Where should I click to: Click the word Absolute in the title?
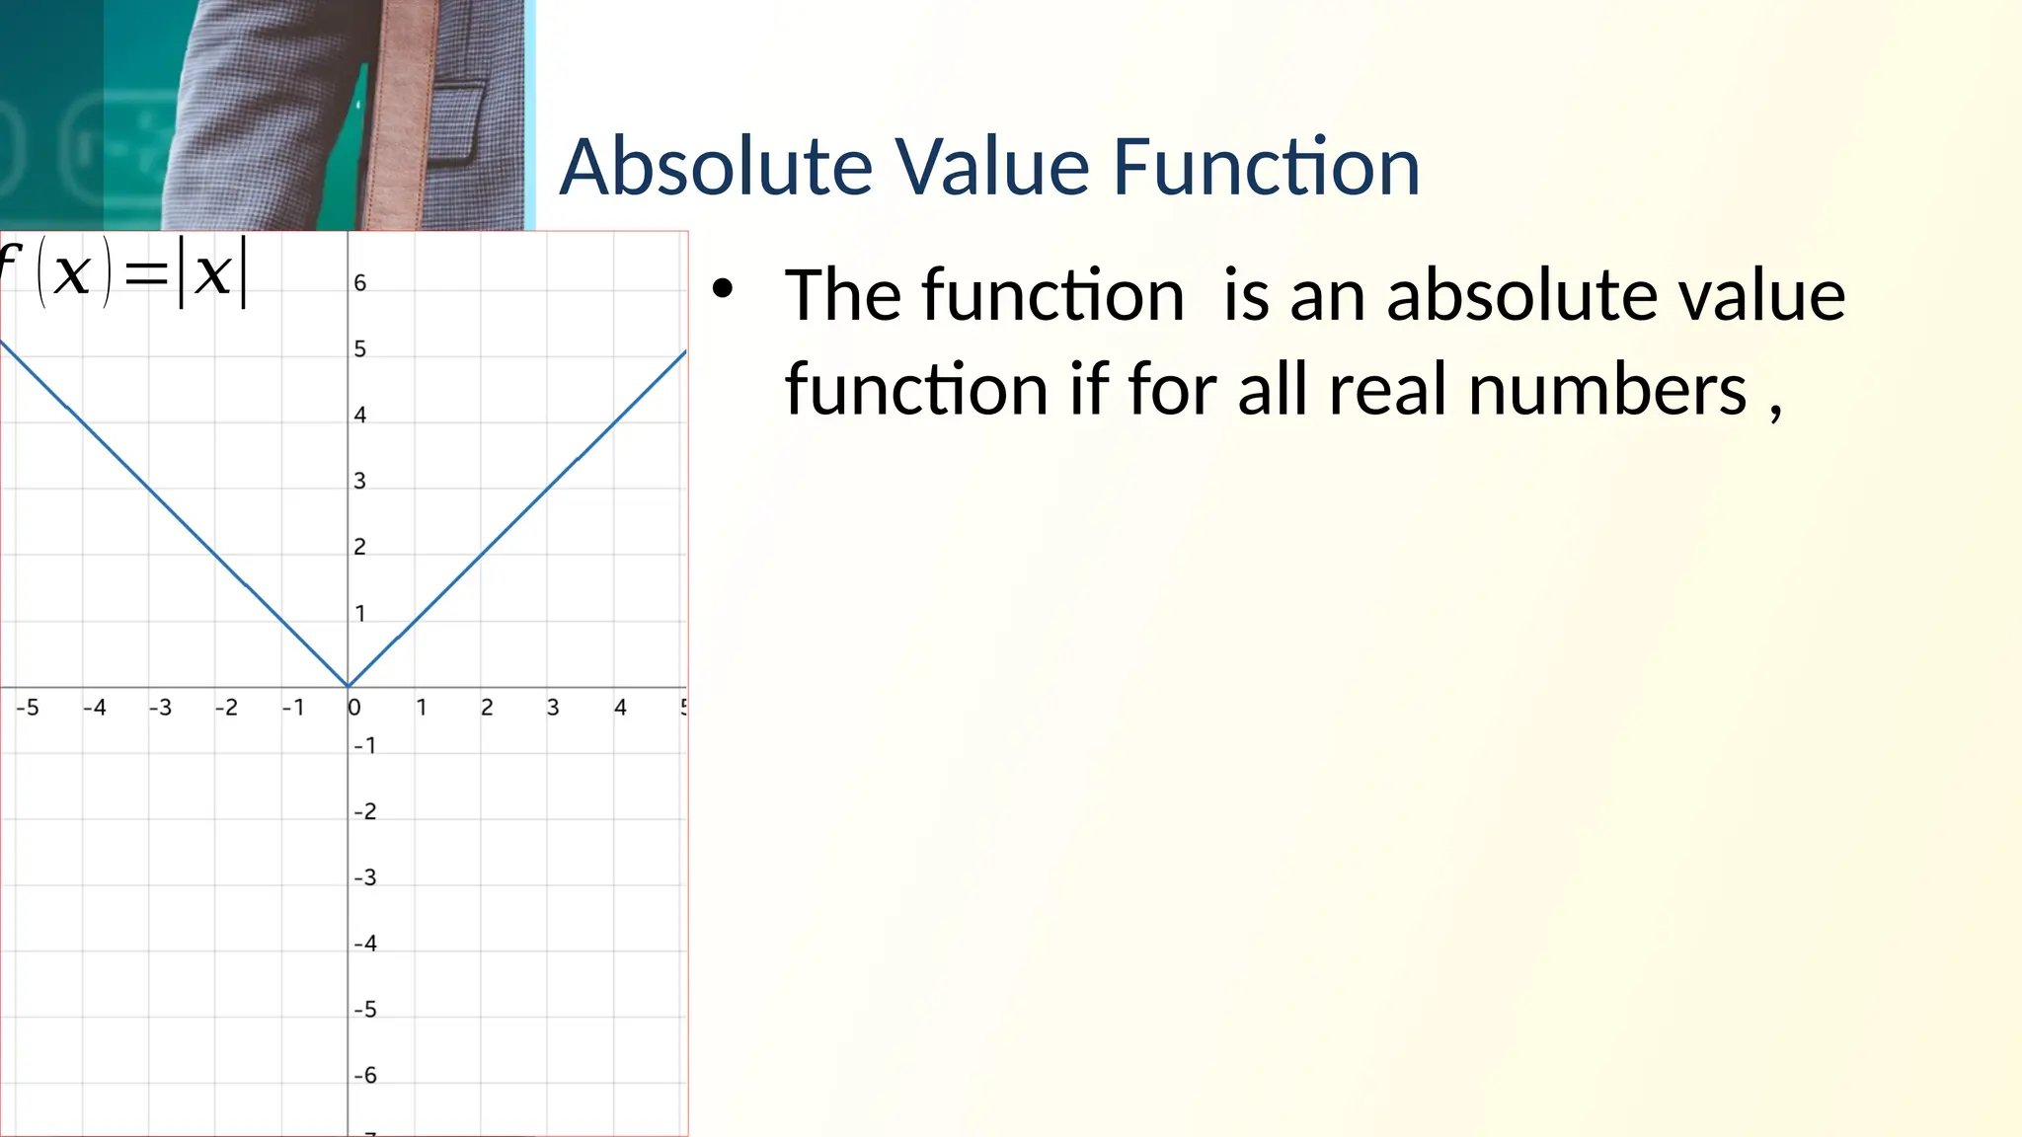[716, 167]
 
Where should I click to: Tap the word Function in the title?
[1266, 167]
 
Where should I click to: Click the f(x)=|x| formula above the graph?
[123, 272]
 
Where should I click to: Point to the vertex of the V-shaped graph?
[348, 686]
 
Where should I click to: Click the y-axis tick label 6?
[360, 283]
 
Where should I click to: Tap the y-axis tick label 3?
[360, 482]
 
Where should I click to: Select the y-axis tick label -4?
[365, 944]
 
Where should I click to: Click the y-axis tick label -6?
[365, 1076]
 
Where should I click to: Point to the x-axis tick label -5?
[28, 708]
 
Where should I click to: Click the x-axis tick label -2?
[226, 708]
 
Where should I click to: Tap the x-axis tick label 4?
[620, 708]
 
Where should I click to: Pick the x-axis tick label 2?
[487, 708]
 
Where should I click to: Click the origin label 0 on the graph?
[355, 708]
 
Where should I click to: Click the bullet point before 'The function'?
[723, 289]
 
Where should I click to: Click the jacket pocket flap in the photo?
[459, 99]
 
